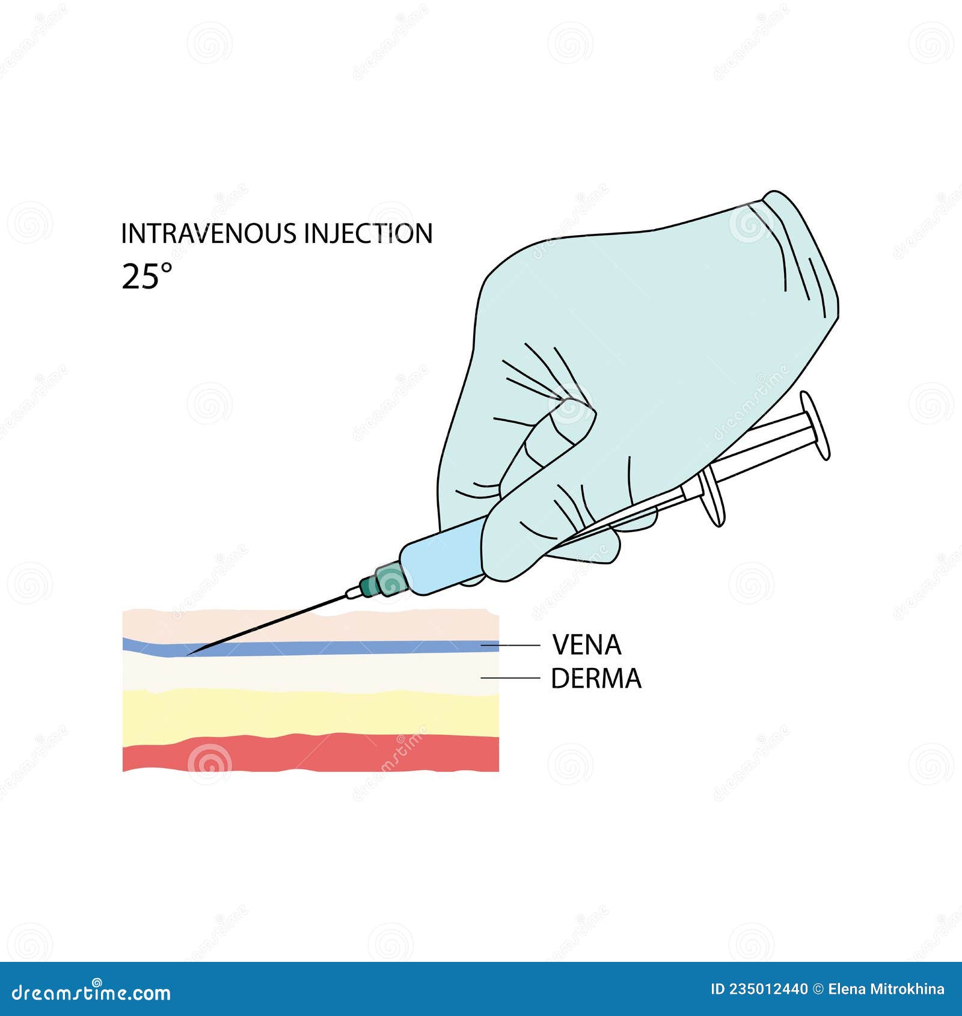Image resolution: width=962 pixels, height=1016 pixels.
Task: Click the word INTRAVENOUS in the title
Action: point(209,234)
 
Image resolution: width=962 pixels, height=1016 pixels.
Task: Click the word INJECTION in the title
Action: point(369,234)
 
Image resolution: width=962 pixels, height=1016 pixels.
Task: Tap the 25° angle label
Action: point(147,277)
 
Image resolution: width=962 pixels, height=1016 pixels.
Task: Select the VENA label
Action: point(586,645)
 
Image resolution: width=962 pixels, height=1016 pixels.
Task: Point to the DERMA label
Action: point(596,679)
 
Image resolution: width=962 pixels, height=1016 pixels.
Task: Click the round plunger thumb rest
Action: point(815,426)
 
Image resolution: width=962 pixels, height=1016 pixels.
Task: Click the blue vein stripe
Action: point(311,647)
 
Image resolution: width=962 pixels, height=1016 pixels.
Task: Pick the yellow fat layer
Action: point(311,713)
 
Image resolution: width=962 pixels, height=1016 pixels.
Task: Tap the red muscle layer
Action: point(311,752)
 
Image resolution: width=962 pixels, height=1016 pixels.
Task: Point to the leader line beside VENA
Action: point(510,645)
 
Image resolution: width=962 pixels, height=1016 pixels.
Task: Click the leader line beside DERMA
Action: point(510,678)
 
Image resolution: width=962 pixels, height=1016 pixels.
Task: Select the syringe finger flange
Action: point(712,497)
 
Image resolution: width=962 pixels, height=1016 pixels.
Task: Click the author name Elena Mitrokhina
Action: point(886,989)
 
